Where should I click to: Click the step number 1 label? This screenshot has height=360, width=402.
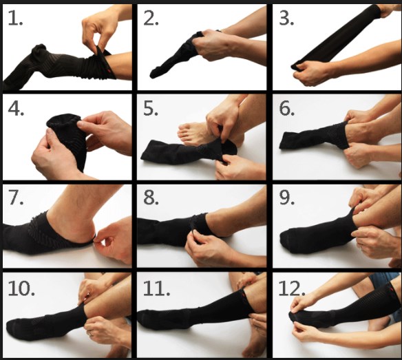[x=15, y=19]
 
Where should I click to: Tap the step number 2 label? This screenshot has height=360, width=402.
[x=151, y=19]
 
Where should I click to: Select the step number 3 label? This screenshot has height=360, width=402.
[x=286, y=19]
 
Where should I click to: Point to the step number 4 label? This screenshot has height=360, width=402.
[x=16, y=109]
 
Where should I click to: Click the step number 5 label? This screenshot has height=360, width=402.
[x=151, y=109]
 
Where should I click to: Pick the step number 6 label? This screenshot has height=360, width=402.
[x=287, y=109]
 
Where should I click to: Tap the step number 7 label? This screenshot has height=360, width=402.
[x=16, y=198]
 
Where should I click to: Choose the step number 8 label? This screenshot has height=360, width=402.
[x=151, y=198]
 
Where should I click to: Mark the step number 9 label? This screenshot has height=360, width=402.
[x=287, y=198]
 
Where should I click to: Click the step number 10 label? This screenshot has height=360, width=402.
[x=21, y=288]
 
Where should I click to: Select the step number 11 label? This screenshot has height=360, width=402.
[x=156, y=288]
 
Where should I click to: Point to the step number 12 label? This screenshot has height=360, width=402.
[x=292, y=288]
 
